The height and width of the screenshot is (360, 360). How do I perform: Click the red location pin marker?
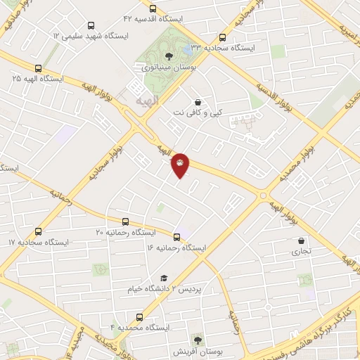click(x=180, y=165)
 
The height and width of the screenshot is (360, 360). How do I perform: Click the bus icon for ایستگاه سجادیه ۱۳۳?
click(x=223, y=38)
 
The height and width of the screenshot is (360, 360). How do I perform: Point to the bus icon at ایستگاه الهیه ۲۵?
click(x=37, y=69)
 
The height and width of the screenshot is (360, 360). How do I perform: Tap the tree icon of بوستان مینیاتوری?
click(x=167, y=56)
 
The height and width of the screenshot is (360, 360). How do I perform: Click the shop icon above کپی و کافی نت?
click(x=198, y=101)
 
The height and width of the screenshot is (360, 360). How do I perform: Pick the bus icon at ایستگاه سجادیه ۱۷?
click(x=37, y=231)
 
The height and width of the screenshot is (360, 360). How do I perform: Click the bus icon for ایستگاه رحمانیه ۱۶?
click(x=177, y=237)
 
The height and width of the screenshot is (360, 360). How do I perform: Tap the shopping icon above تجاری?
click(x=301, y=240)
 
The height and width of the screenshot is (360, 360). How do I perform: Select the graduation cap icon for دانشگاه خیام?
click(x=163, y=278)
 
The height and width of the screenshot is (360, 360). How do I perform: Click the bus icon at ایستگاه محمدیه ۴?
click(x=139, y=317)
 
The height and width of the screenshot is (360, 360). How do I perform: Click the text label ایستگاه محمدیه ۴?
click(x=141, y=328)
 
